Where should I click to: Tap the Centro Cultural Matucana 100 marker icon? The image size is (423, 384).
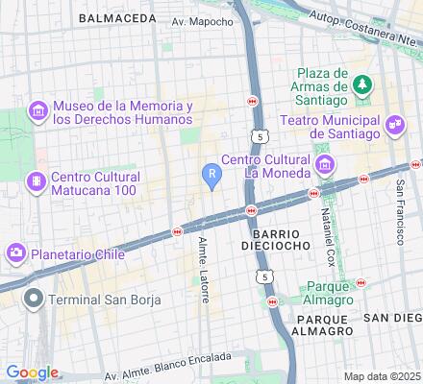click(37, 180)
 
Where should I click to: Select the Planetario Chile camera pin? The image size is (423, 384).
click(16, 252)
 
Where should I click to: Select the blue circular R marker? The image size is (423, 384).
click(211, 173)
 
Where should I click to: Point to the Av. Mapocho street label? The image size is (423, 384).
click(202, 20)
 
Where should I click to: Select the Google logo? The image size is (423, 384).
click(32, 372)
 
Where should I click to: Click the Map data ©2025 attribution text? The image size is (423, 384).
click(383, 376)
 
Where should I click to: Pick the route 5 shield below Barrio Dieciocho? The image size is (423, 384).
click(262, 277)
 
